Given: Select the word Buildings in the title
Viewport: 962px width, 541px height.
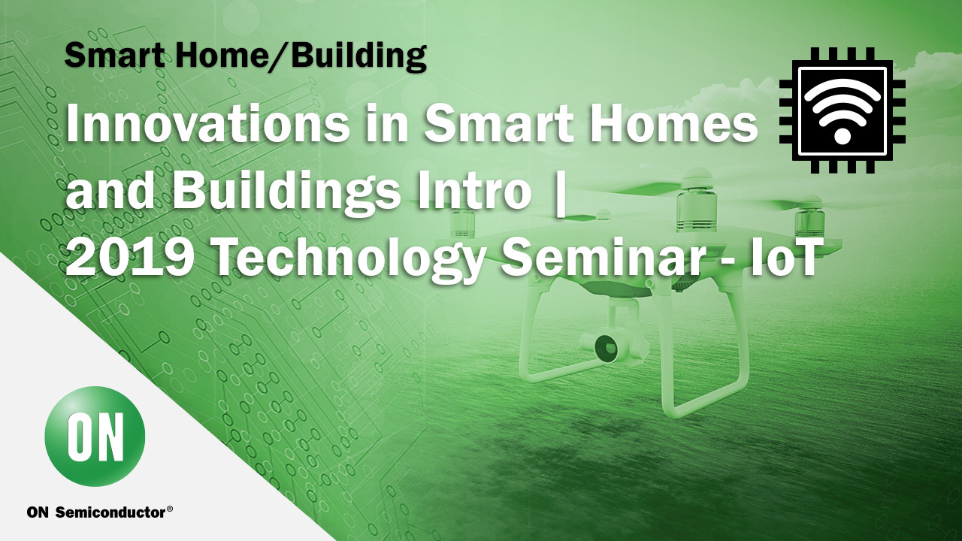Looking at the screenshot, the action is pos(283,192).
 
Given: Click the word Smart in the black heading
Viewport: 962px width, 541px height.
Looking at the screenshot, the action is pos(113,56).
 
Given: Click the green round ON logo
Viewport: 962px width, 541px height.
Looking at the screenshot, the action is pos(95,436).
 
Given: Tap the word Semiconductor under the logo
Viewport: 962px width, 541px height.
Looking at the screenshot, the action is pos(110,512).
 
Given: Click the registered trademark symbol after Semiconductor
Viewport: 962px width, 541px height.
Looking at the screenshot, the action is pos(170,509).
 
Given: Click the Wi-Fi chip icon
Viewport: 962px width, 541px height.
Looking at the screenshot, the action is pos(843,110).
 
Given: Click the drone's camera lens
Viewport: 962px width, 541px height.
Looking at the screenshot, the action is pos(606,346).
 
